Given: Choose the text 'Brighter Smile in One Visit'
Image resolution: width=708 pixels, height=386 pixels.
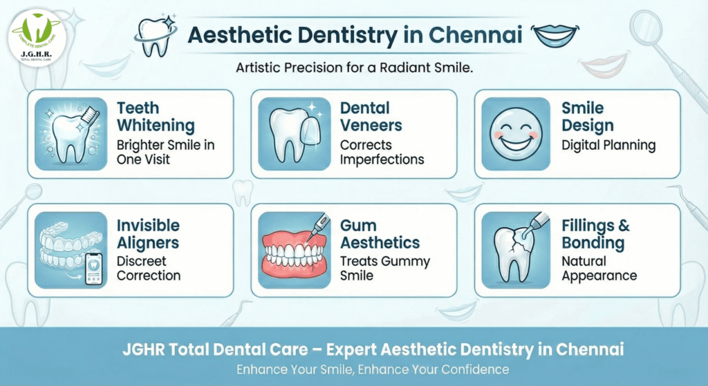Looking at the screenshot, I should pos(165,152).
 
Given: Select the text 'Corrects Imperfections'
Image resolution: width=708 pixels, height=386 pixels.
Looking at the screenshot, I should pos(382,152).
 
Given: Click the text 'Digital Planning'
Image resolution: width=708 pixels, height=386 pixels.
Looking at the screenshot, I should pos(608,145).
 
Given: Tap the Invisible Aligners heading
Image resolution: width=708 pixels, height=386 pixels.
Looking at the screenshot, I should pos(148,234).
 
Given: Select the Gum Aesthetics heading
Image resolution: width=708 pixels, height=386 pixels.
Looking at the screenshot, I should pos(380,234).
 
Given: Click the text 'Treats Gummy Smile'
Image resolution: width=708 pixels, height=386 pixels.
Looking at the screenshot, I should pos(384,269).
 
